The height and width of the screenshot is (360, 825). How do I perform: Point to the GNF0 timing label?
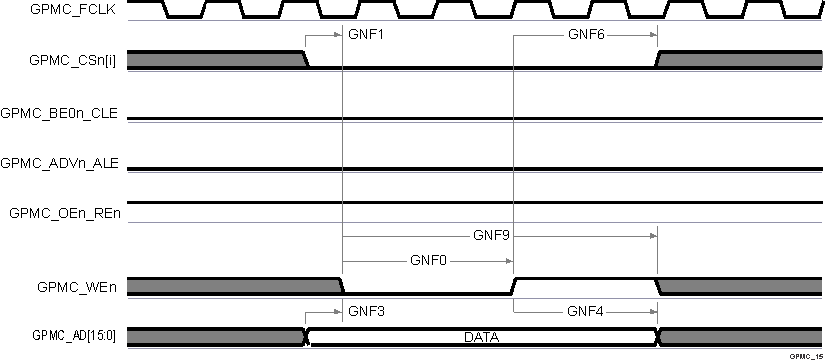(x=428, y=261)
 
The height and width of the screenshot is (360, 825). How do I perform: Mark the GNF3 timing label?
(x=366, y=311)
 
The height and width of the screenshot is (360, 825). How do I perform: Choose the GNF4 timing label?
(x=585, y=311)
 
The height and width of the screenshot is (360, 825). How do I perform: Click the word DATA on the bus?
(x=484, y=338)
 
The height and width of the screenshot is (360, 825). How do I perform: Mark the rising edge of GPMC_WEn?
(x=515, y=286)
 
